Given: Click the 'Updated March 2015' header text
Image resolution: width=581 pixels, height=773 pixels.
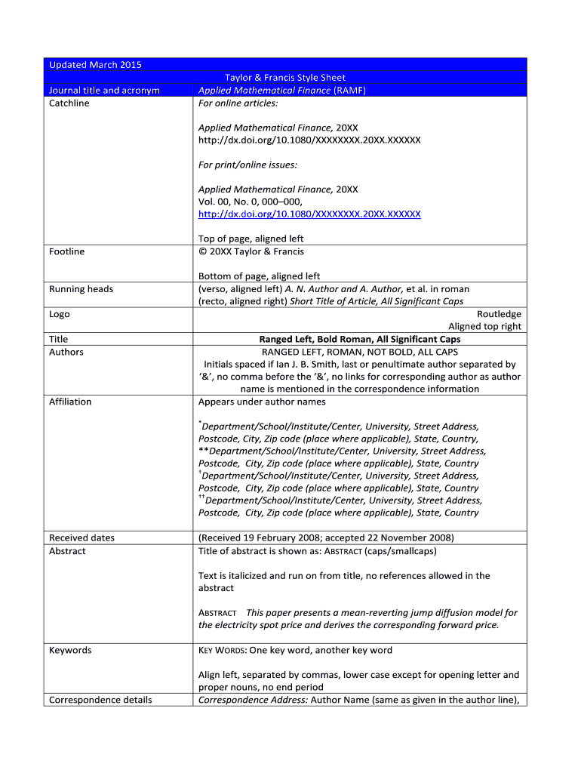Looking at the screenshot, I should tap(95, 65).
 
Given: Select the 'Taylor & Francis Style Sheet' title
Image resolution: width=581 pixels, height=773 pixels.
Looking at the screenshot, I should tap(284, 78).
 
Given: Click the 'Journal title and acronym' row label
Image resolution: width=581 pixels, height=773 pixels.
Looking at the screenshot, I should tap(104, 91).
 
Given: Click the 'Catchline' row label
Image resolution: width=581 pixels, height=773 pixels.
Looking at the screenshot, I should tap(69, 103).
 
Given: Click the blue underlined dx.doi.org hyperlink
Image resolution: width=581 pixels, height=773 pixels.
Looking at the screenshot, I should tap(309, 214).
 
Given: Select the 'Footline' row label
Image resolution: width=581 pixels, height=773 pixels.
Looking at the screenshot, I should tap(66, 251).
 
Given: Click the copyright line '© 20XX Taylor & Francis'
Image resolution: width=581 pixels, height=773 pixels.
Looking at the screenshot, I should tap(251, 251).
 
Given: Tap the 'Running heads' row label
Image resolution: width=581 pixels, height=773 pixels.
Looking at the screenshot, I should tap(81, 289).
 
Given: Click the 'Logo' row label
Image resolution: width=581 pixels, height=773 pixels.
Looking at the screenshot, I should tap(59, 314).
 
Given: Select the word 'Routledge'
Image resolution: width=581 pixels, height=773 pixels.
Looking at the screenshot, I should tap(499, 314).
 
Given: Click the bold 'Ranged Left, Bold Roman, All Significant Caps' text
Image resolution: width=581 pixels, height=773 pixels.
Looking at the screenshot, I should tap(359, 340).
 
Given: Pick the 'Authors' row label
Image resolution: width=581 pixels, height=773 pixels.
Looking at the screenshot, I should tap(66, 353).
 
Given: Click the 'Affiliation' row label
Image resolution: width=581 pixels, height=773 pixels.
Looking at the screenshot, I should tap(70, 402).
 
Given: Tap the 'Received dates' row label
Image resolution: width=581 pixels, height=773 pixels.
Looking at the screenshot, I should tap(81, 538).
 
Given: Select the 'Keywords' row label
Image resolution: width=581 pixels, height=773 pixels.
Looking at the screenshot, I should tap(70, 650).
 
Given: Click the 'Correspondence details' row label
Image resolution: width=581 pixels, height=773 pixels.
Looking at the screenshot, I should tap(100, 700).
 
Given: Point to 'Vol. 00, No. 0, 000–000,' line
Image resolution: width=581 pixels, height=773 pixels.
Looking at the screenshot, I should tap(250, 202).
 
